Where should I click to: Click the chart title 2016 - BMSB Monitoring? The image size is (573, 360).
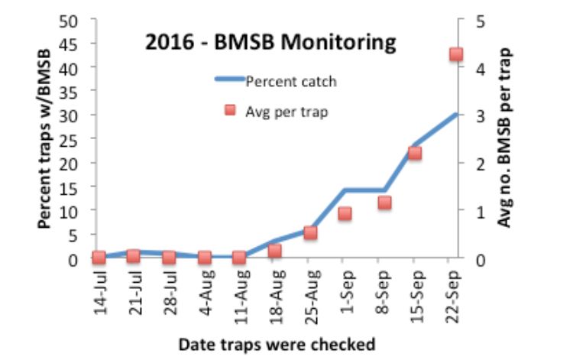coord(271,42)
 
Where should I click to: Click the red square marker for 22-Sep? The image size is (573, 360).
coord(456,54)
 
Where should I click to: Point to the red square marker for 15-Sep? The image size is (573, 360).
coord(415,153)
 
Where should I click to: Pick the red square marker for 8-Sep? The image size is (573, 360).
coord(384,203)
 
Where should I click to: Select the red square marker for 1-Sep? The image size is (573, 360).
coord(345,213)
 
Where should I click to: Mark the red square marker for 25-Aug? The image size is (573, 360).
coord(310,232)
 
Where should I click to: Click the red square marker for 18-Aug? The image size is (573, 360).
coord(275,250)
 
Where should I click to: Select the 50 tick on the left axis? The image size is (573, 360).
coord(70,20)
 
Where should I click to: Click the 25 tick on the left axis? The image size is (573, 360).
coord(70,139)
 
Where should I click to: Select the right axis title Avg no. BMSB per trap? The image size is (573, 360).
coord(505,138)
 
